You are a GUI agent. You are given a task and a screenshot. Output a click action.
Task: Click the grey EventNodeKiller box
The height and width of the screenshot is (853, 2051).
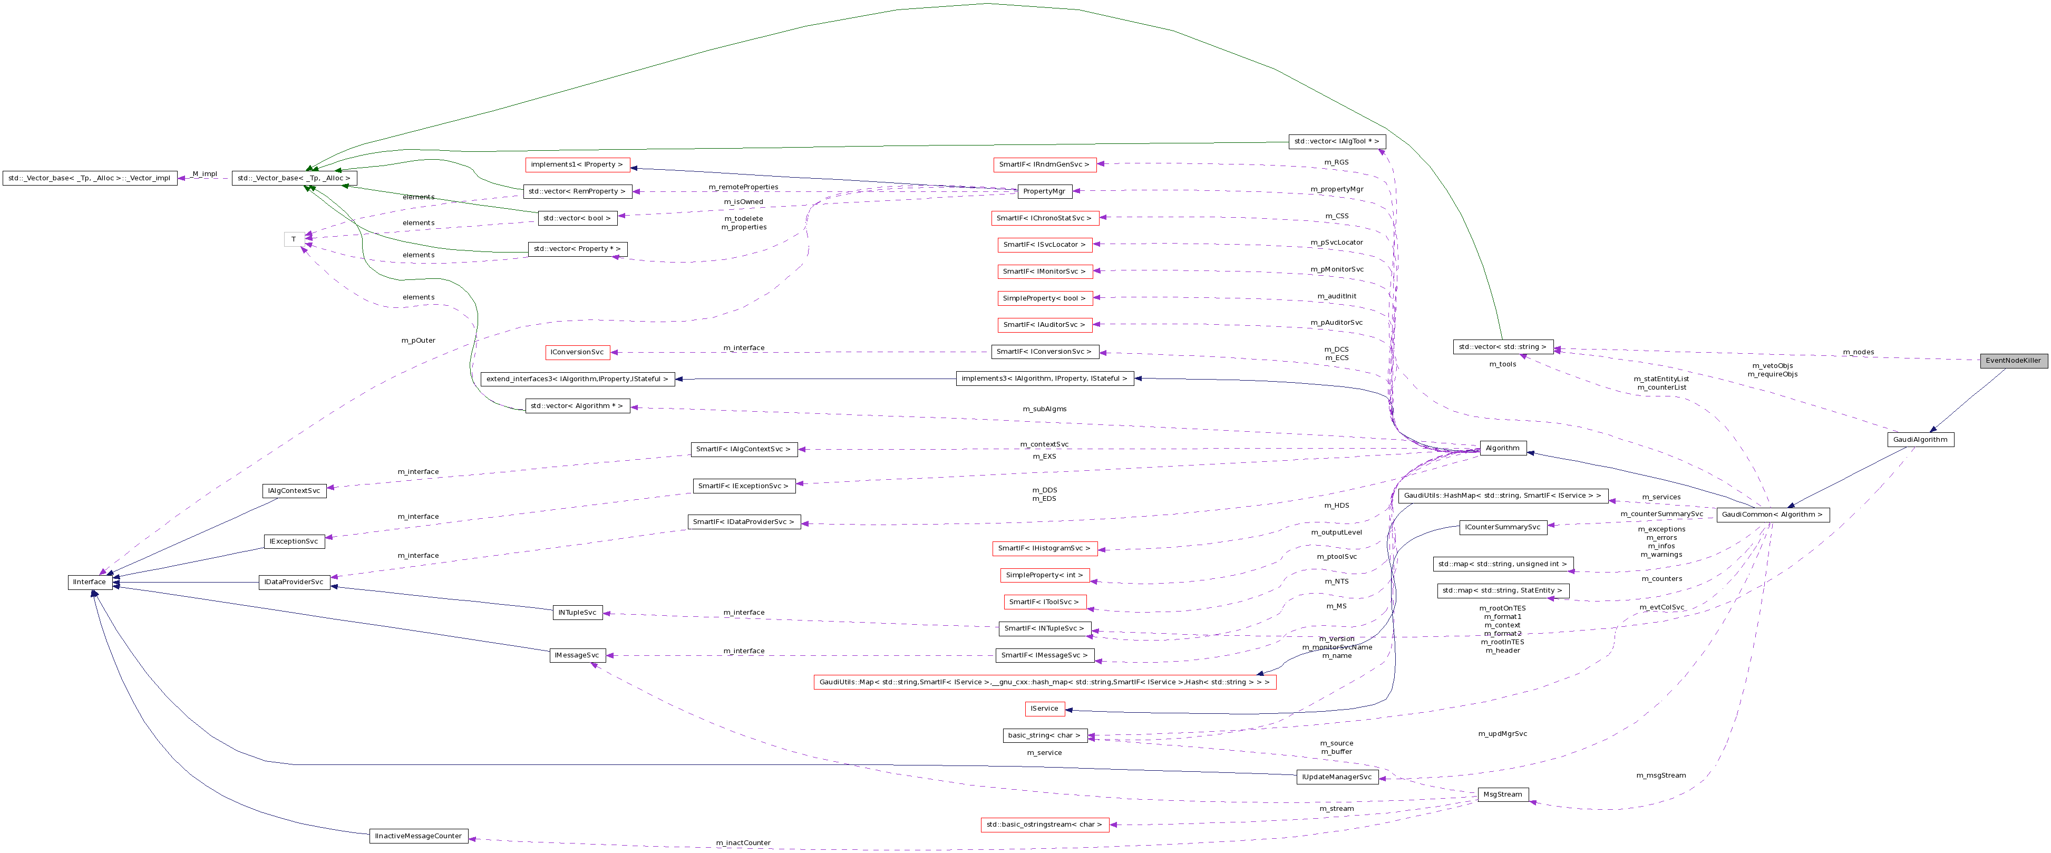tap(2013, 360)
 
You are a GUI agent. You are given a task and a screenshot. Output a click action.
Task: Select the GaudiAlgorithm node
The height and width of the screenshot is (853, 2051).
tap(1920, 440)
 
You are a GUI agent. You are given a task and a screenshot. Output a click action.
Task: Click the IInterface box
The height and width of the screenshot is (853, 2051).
tap(89, 582)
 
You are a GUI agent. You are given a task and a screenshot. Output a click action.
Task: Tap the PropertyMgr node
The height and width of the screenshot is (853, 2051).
tap(1044, 191)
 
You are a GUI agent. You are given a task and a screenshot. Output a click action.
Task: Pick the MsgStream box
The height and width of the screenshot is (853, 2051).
tap(1502, 794)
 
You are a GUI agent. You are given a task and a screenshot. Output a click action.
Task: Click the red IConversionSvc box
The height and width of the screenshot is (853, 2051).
tap(577, 352)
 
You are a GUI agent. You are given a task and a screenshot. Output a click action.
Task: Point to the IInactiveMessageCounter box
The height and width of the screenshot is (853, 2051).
tap(418, 836)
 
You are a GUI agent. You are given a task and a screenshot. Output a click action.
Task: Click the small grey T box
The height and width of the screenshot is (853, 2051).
tap(293, 239)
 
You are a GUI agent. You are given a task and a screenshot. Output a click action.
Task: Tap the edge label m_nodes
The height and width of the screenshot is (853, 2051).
tap(1858, 352)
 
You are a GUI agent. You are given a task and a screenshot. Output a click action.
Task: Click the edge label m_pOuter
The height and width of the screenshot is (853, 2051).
tap(418, 340)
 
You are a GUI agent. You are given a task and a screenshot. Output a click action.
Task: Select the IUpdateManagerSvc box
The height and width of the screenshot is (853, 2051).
tap(1337, 777)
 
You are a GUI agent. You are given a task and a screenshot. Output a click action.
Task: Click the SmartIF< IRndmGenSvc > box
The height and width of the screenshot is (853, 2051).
tap(1044, 164)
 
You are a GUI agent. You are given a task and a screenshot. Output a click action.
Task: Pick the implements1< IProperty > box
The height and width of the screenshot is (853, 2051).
tap(577, 164)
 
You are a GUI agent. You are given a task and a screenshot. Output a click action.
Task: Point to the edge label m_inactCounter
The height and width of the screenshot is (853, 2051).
tap(743, 842)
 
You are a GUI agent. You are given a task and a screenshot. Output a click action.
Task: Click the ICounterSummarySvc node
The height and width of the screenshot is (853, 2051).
tap(1502, 527)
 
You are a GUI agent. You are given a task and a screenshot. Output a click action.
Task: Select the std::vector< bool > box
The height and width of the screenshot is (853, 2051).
tap(577, 218)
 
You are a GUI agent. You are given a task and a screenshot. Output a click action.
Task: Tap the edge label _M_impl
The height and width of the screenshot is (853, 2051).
tap(204, 173)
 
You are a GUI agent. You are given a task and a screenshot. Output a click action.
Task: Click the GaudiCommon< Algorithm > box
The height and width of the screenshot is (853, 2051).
tap(1772, 515)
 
